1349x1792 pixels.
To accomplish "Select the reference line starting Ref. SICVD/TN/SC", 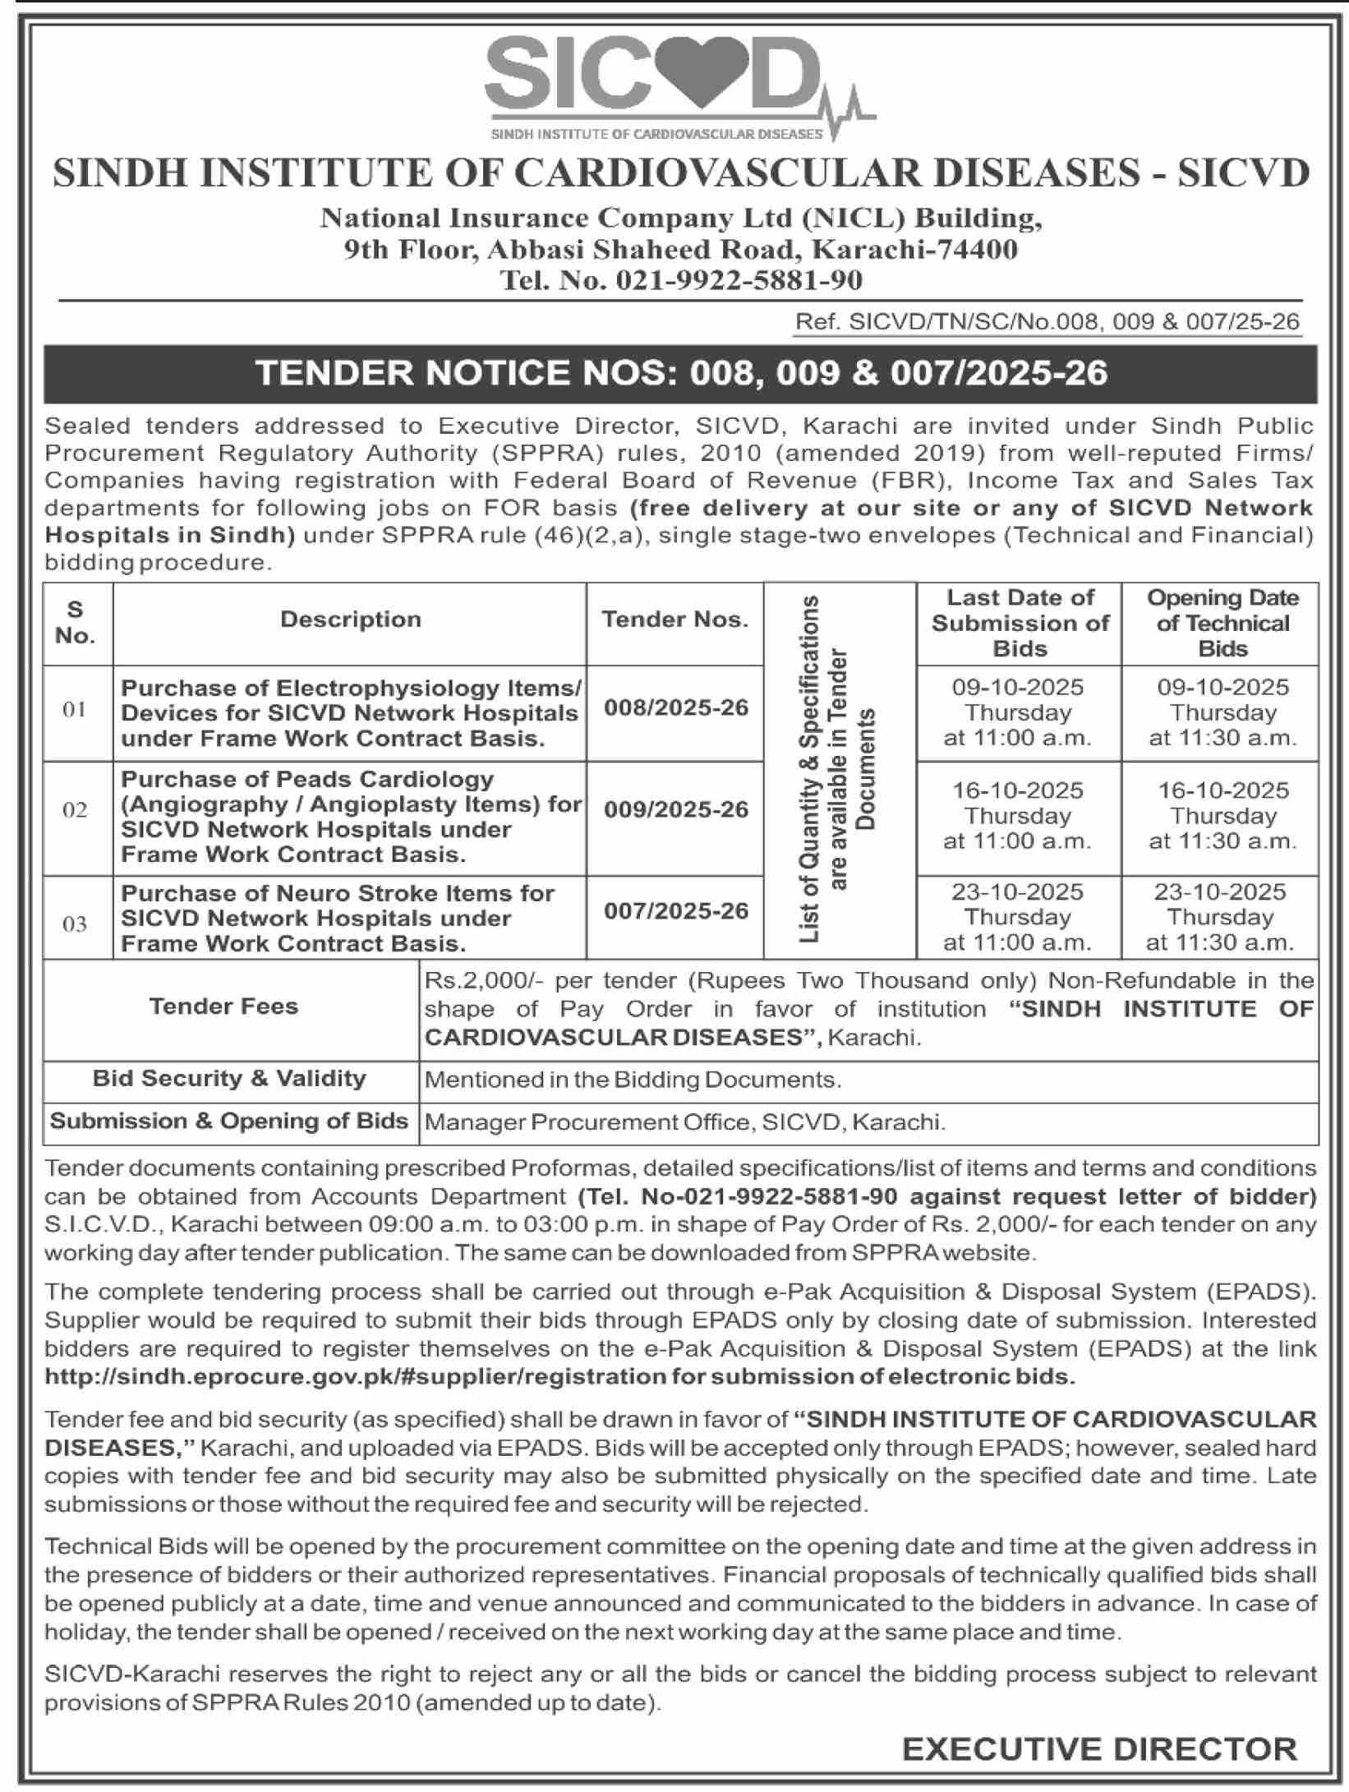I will point(1047,322).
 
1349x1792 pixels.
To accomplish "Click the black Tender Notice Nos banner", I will point(680,373).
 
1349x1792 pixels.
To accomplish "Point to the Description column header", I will point(350,620).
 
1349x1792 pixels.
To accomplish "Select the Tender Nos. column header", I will point(674,620).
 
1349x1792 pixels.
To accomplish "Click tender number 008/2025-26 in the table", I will point(676,707).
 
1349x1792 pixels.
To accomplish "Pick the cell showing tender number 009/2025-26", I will point(676,810).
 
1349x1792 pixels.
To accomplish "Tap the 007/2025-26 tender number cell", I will point(676,910).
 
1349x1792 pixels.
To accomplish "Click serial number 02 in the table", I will point(75,810).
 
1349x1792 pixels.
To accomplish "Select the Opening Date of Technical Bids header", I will point(1222,623).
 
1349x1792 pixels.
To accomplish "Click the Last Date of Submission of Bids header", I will point(1020,623).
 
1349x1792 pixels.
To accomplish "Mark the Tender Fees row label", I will point(223,1007).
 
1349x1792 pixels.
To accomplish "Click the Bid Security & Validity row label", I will point(229,1079).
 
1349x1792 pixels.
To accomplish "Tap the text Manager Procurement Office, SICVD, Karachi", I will point(684,1122).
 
